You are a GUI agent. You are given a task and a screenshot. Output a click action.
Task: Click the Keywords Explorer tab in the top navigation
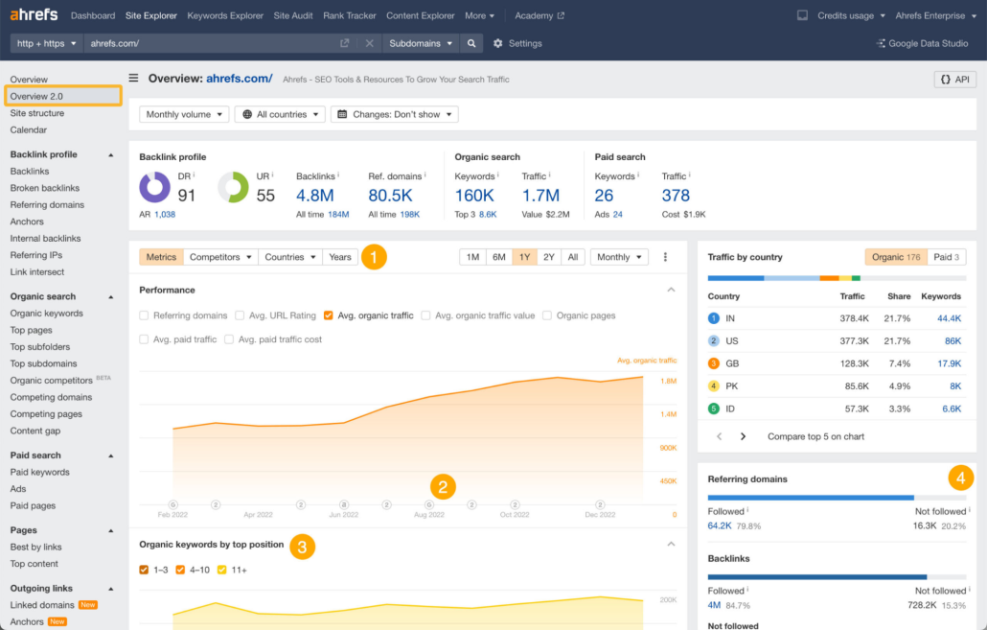[225, 15]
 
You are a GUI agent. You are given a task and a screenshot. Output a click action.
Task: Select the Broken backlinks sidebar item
[45, 188]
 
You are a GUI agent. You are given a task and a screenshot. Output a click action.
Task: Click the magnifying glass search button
[471, 43]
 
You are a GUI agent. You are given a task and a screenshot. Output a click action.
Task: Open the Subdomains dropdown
[421, 43]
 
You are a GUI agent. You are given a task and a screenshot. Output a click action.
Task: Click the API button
[954, 80]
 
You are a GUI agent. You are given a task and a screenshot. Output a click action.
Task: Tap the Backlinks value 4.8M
[314, 196]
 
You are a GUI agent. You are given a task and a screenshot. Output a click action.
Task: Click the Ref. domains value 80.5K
[390, 196]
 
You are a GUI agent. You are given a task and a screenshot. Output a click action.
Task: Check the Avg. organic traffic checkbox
[328, 315]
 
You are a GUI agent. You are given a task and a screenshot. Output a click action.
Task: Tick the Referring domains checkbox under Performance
[144, 315]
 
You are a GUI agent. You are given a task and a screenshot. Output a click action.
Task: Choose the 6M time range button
[498, 257]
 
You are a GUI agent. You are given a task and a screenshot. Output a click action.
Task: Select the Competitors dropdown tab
[220, 257]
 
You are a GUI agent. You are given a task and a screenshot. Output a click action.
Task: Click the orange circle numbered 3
[302, 547]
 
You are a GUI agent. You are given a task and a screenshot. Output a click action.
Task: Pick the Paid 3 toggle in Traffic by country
[946, 257]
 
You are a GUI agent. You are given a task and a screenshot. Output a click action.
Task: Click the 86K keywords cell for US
[953, 340]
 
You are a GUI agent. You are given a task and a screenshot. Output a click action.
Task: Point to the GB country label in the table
[732, 363]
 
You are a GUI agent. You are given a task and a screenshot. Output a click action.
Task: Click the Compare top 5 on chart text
[815, 436]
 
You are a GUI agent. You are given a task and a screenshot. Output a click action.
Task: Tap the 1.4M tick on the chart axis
[669, 414]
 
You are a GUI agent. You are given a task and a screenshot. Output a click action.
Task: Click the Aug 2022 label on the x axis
[429, 515]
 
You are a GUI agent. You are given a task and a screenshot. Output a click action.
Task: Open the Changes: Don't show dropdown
[395, 114]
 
